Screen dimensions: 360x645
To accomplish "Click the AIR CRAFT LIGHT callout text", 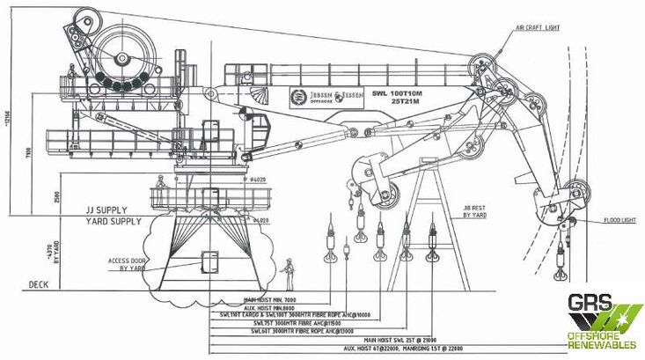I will [x=539, y=28].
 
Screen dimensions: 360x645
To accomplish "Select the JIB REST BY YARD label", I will [x=476, y=211].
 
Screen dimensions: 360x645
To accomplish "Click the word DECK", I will [x=38, y=285].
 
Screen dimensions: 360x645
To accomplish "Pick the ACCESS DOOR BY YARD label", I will [x=126, y=263].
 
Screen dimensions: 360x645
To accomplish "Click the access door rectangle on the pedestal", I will [x=210, y=262].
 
